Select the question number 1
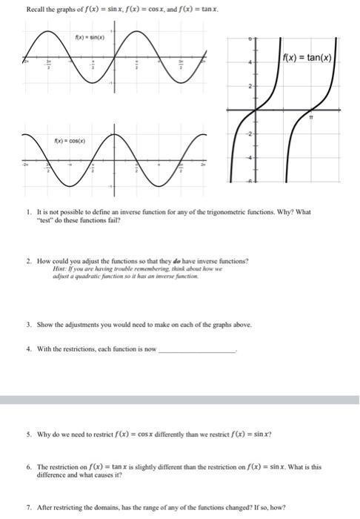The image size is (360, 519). coord(27,211)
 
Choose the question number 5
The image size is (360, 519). coord(27,434)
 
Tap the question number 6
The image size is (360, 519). coord(27,468)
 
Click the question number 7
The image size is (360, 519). coord(27,509)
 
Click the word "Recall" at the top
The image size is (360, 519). coord(36,8)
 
